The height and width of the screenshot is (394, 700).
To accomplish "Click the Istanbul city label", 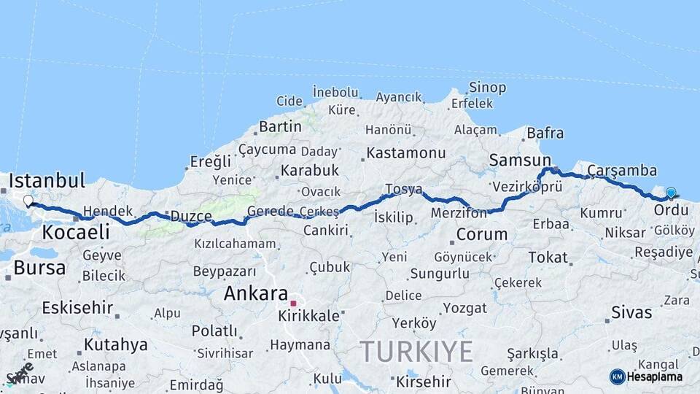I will click(47, 180).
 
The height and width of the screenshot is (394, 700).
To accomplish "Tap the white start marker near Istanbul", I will click(28, 201).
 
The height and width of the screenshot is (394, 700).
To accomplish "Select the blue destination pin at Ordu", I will click(671, 193).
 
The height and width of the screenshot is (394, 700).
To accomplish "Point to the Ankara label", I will click(255, 294).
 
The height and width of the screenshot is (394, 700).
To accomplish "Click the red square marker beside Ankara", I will click(293, 303).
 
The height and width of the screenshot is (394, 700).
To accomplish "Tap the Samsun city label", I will click(520, 160).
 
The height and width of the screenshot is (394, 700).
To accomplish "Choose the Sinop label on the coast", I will click(487, 88).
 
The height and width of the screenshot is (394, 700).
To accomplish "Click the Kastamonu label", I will click(405, 153).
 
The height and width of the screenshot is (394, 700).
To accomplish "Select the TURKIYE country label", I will click(417, 352).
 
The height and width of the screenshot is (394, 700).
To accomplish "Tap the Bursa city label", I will click(39, 268).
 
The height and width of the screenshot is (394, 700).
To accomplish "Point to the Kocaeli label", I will click(76, 233).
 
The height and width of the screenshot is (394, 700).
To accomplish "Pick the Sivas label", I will click(631, 313).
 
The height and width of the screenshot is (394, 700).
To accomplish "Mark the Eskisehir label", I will click(77, 307).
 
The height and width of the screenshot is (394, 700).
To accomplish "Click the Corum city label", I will click(481, 235).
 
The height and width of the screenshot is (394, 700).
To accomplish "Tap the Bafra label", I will click(545, 134).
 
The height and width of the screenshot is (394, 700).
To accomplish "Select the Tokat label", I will click(548, 258).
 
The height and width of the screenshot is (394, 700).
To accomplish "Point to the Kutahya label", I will click(115, 344).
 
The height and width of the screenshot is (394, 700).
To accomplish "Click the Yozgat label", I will click(464, 308).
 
